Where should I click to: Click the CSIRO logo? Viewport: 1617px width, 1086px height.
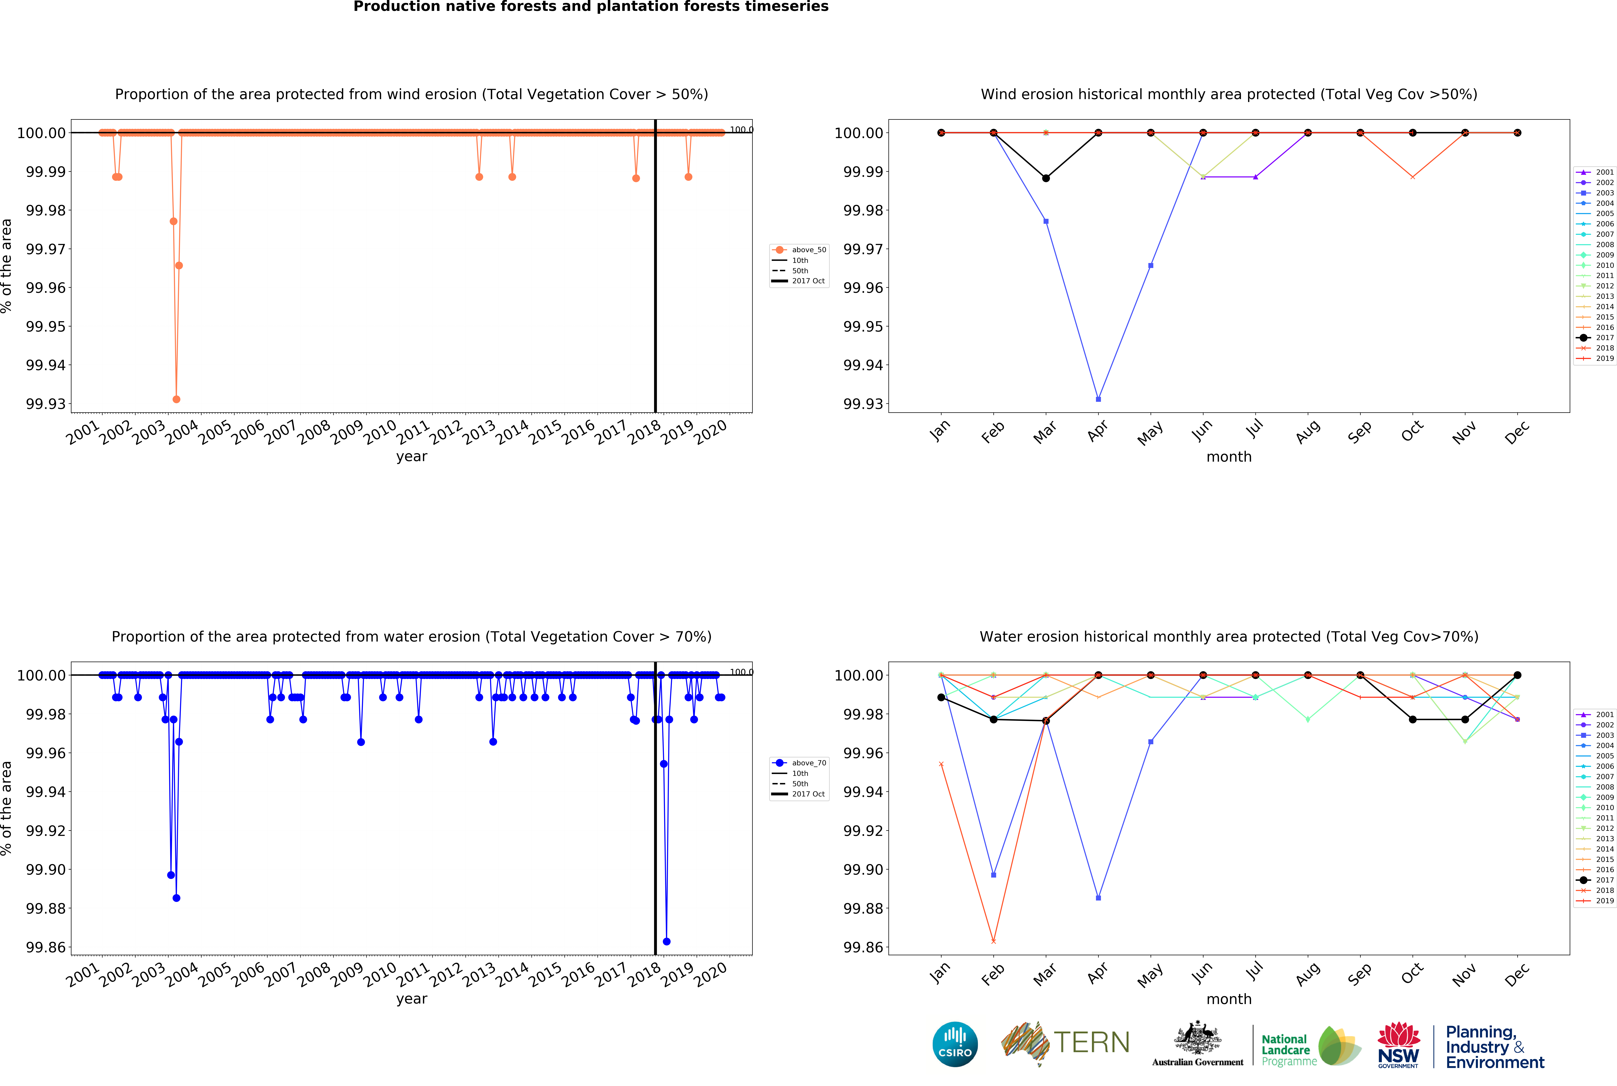pos(955,1044)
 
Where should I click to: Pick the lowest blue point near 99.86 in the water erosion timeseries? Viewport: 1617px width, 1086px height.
pos(666,941)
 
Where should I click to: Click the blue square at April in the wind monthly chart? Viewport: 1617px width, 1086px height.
pos(1098,399)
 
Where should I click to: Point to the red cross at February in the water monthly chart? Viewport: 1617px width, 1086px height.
pos(993,941)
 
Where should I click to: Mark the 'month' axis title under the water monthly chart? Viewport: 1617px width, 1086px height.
pos(1228,999)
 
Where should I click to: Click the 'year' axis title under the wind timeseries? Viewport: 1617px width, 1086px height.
pos(411,456)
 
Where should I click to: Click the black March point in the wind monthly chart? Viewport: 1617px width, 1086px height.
pos(1046,178)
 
